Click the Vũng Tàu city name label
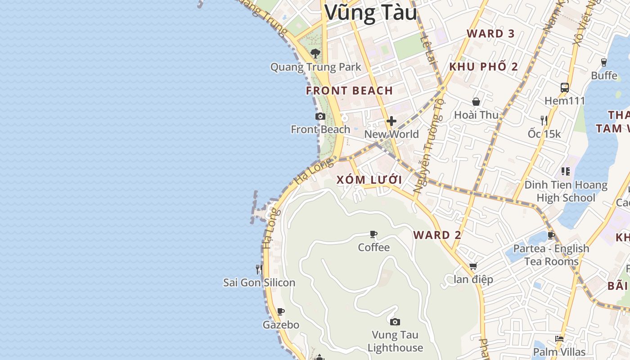[371, 13]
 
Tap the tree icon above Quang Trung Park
[315, 54]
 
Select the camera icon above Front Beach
[320, 117]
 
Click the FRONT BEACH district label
[350, 90]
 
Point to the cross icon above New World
[391, 121]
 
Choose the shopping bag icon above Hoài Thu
[476, 102]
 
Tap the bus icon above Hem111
[565, 88]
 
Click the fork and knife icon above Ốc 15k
[544, 120]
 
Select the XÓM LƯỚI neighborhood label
[369, 180]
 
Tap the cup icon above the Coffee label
[373, 234]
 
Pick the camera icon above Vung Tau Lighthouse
[395, 322]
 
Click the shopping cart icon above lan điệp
[473, 266]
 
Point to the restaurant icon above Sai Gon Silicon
[259, 270]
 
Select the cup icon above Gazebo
[281, 311]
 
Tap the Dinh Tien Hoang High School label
[566, 191]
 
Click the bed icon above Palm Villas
[559, 339]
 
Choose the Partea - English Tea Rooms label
[551, 255]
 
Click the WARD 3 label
[490, 33]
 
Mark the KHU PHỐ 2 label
[484, 67]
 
